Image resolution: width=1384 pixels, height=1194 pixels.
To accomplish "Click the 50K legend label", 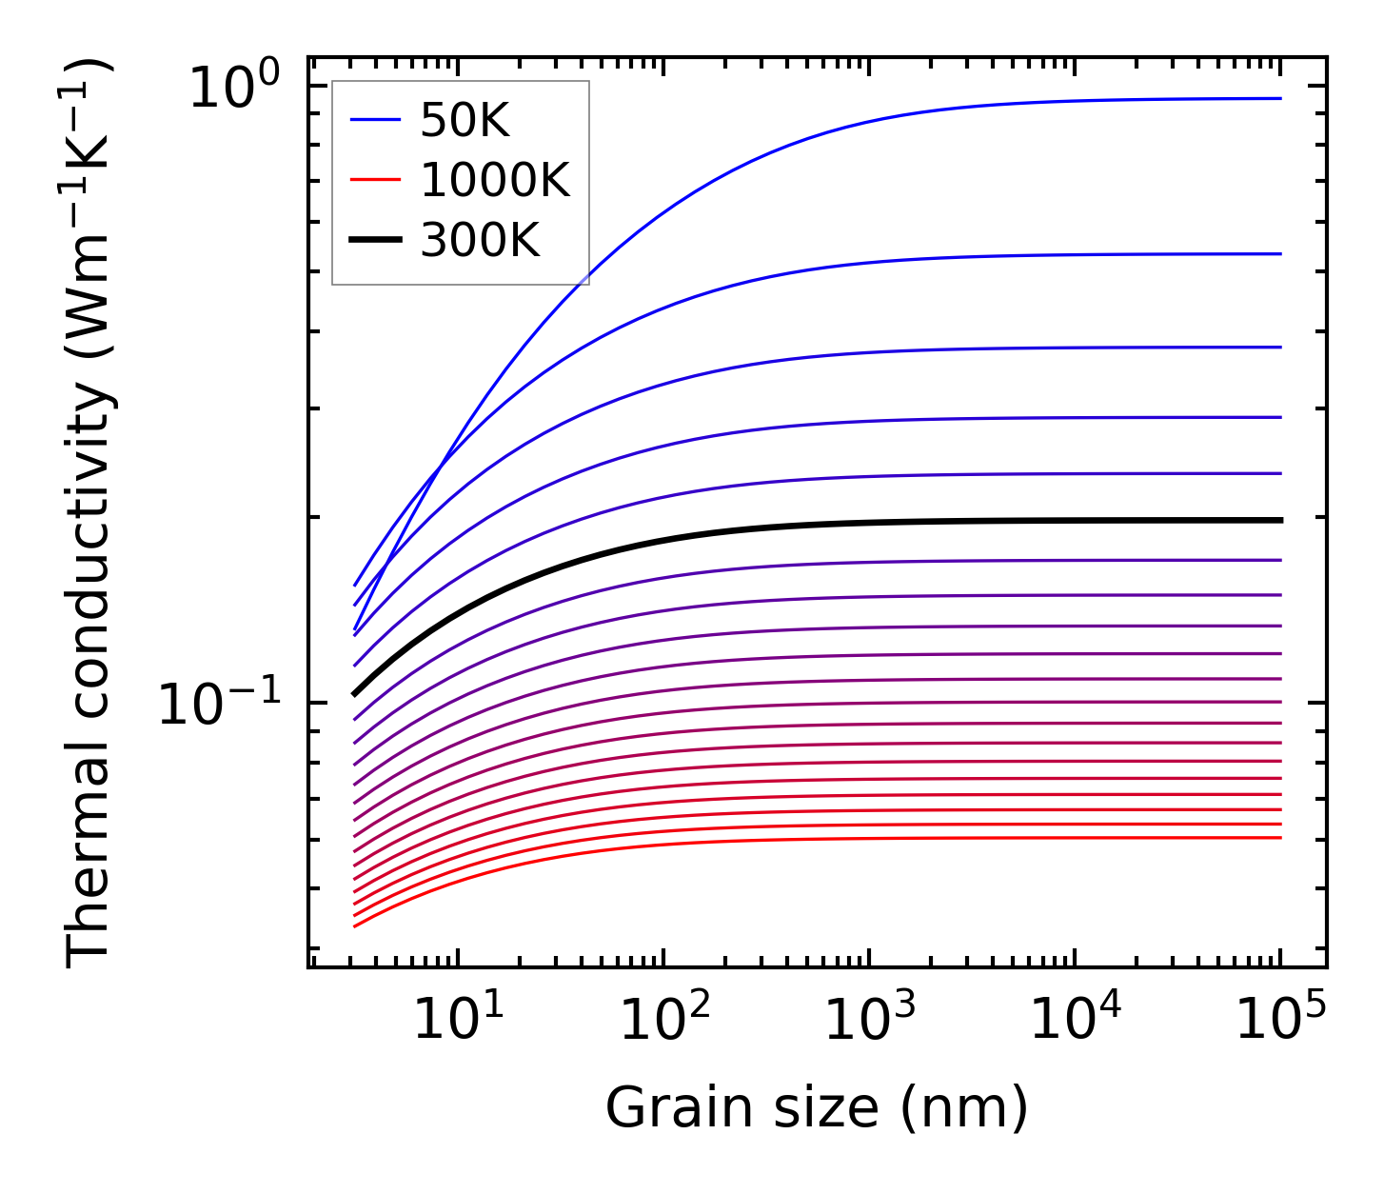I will pyautogui.click(x=465, y=121).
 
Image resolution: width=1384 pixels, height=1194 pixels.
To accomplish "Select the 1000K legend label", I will pyautogui.click(x=495, y=181).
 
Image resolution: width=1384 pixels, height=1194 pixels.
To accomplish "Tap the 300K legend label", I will pyautogui.click(x=480, y=242).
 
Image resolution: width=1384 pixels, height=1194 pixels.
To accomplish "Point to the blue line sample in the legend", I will pyautogui.click(x=375, y=121).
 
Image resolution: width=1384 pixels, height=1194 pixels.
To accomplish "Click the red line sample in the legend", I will pyautogui.click(x=375, y=181).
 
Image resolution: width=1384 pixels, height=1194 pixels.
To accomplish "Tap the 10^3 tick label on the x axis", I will pyautogui.click(x=869, y=1022).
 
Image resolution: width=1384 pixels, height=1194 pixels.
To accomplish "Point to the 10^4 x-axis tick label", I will pyautogui.click(x=1075, y=1022).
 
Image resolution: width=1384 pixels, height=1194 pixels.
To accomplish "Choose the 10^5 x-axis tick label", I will pyautogui.click(x=1280, y=1022).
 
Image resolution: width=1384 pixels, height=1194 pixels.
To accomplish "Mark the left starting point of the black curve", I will pyautogui.click(x=354, y=694).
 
